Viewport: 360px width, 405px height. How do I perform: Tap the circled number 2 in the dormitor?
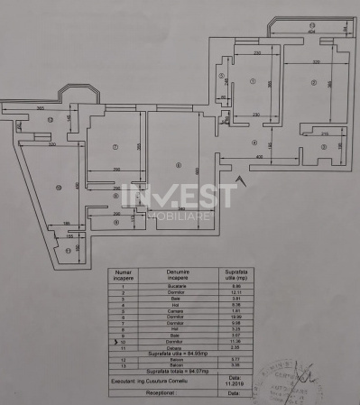click(313, 83)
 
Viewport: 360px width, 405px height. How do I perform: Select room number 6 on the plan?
click(180, 165)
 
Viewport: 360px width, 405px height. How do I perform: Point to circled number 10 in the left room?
click(58, 187)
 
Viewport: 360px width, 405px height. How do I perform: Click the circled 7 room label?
click(115, 147)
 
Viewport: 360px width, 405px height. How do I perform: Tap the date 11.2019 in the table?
click(235, 382)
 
